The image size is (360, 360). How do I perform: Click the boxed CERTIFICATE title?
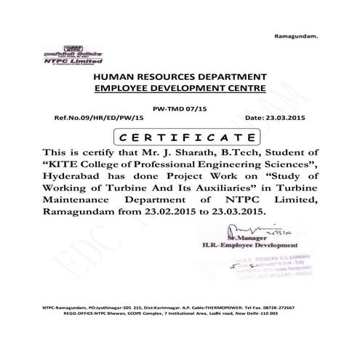click(180, 136)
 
